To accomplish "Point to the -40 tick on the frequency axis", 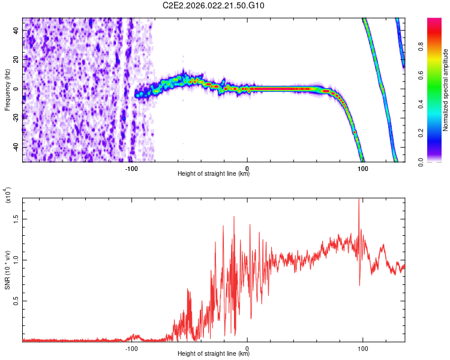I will tap(16, 147).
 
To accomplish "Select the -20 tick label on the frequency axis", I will tap(16, 118).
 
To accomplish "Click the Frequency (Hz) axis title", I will tap(8, 90).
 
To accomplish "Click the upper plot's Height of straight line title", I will tap(214, 174).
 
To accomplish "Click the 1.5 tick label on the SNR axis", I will tap(16, 220).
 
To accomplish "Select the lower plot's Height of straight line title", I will tap(214, 353).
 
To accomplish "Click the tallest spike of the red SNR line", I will tap(359, 200).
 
